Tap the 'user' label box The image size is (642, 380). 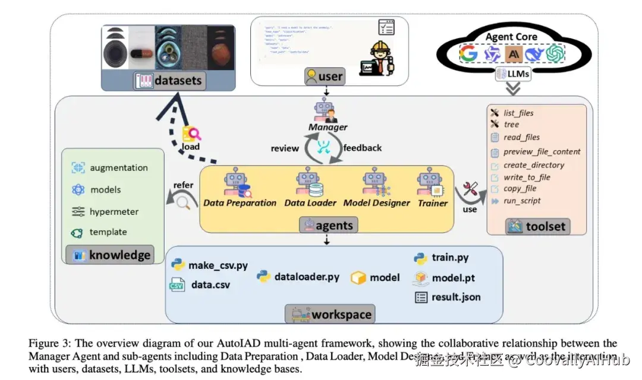[324, 76]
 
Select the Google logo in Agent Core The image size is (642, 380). [468, 54]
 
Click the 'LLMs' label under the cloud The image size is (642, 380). [512, 74]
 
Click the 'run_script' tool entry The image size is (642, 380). [522, 201]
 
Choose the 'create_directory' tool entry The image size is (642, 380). [533, 165]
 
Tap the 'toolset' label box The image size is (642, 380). [537, 226]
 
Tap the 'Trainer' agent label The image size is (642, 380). [433, 203]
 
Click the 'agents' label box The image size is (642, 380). [329, 225]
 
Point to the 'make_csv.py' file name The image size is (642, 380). [218, 265]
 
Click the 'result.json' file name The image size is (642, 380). [456, 297]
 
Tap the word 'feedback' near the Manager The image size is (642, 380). [363, 148]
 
